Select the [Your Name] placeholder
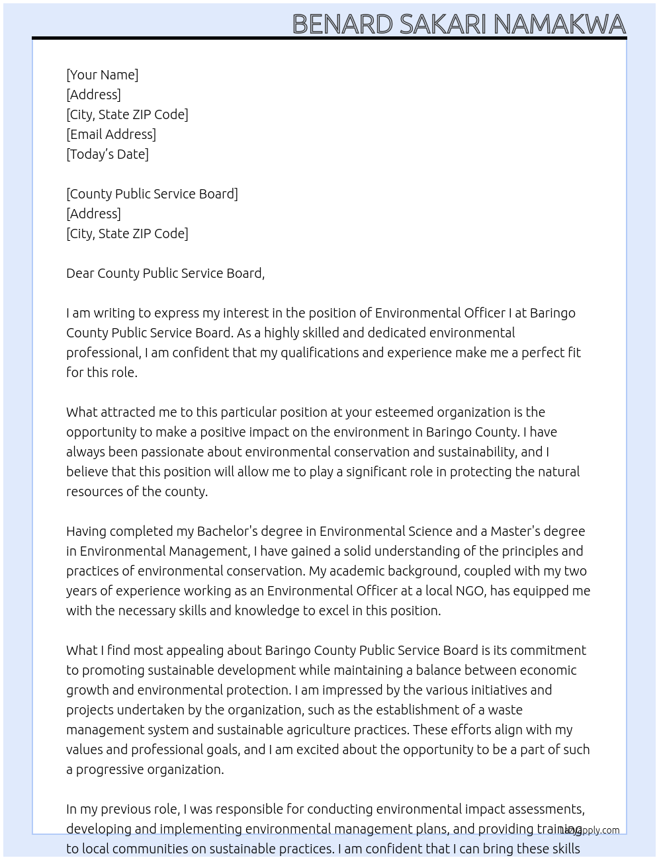pos(102,75)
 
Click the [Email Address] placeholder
pos(111,134)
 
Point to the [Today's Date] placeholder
pos(107,154)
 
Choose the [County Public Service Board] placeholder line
pos(152,194)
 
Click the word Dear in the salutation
pos(80,273)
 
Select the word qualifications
pos(319,353)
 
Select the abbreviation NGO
pos(470,591)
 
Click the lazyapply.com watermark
pos(590,830)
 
